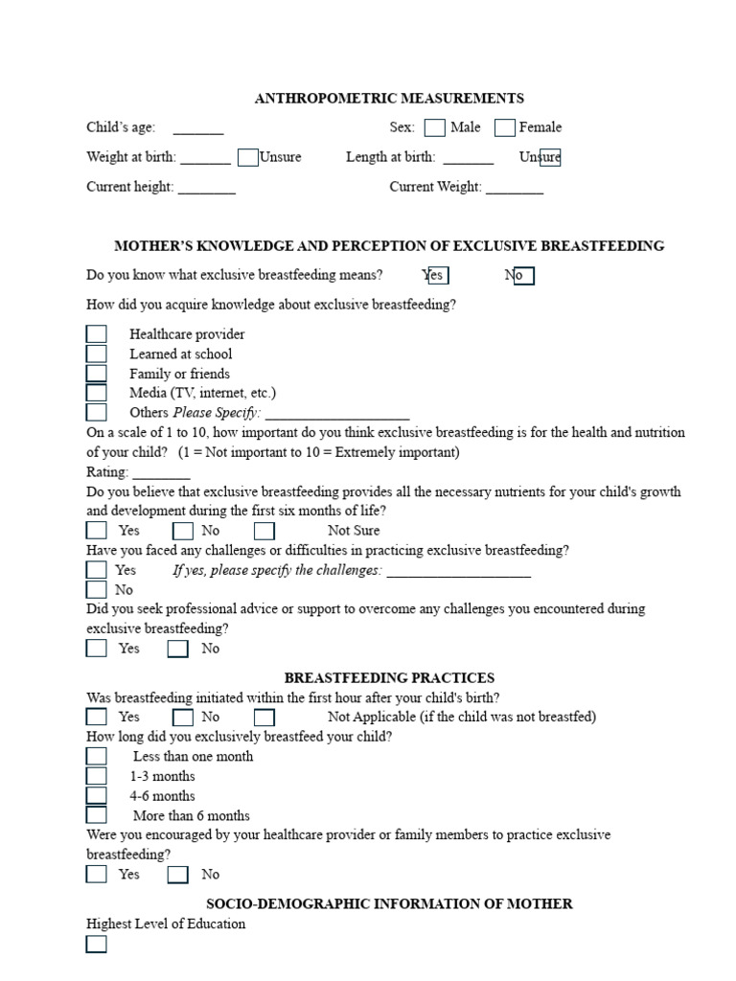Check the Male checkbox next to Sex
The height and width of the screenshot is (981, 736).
point(434,127)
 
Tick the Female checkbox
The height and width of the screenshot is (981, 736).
point(505,127)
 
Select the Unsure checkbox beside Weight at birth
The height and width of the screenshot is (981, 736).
point(248,157)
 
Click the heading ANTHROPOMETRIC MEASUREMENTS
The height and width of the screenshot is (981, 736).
point(389,98)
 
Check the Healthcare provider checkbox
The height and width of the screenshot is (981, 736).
point(97,334)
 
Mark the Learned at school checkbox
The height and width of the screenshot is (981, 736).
point(97,354)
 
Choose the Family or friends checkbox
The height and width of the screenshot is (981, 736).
point(97,374)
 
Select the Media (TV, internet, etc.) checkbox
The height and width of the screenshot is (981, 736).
point(97,393)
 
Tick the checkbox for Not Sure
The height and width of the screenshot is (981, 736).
point(264,531)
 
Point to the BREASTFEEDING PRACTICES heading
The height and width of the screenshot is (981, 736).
point(389,677)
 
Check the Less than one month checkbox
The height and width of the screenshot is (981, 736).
point(97,756)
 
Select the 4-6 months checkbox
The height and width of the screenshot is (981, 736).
point(97,795)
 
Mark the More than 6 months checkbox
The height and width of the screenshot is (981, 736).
point(97,815)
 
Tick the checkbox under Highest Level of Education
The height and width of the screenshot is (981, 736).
point(97,945)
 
